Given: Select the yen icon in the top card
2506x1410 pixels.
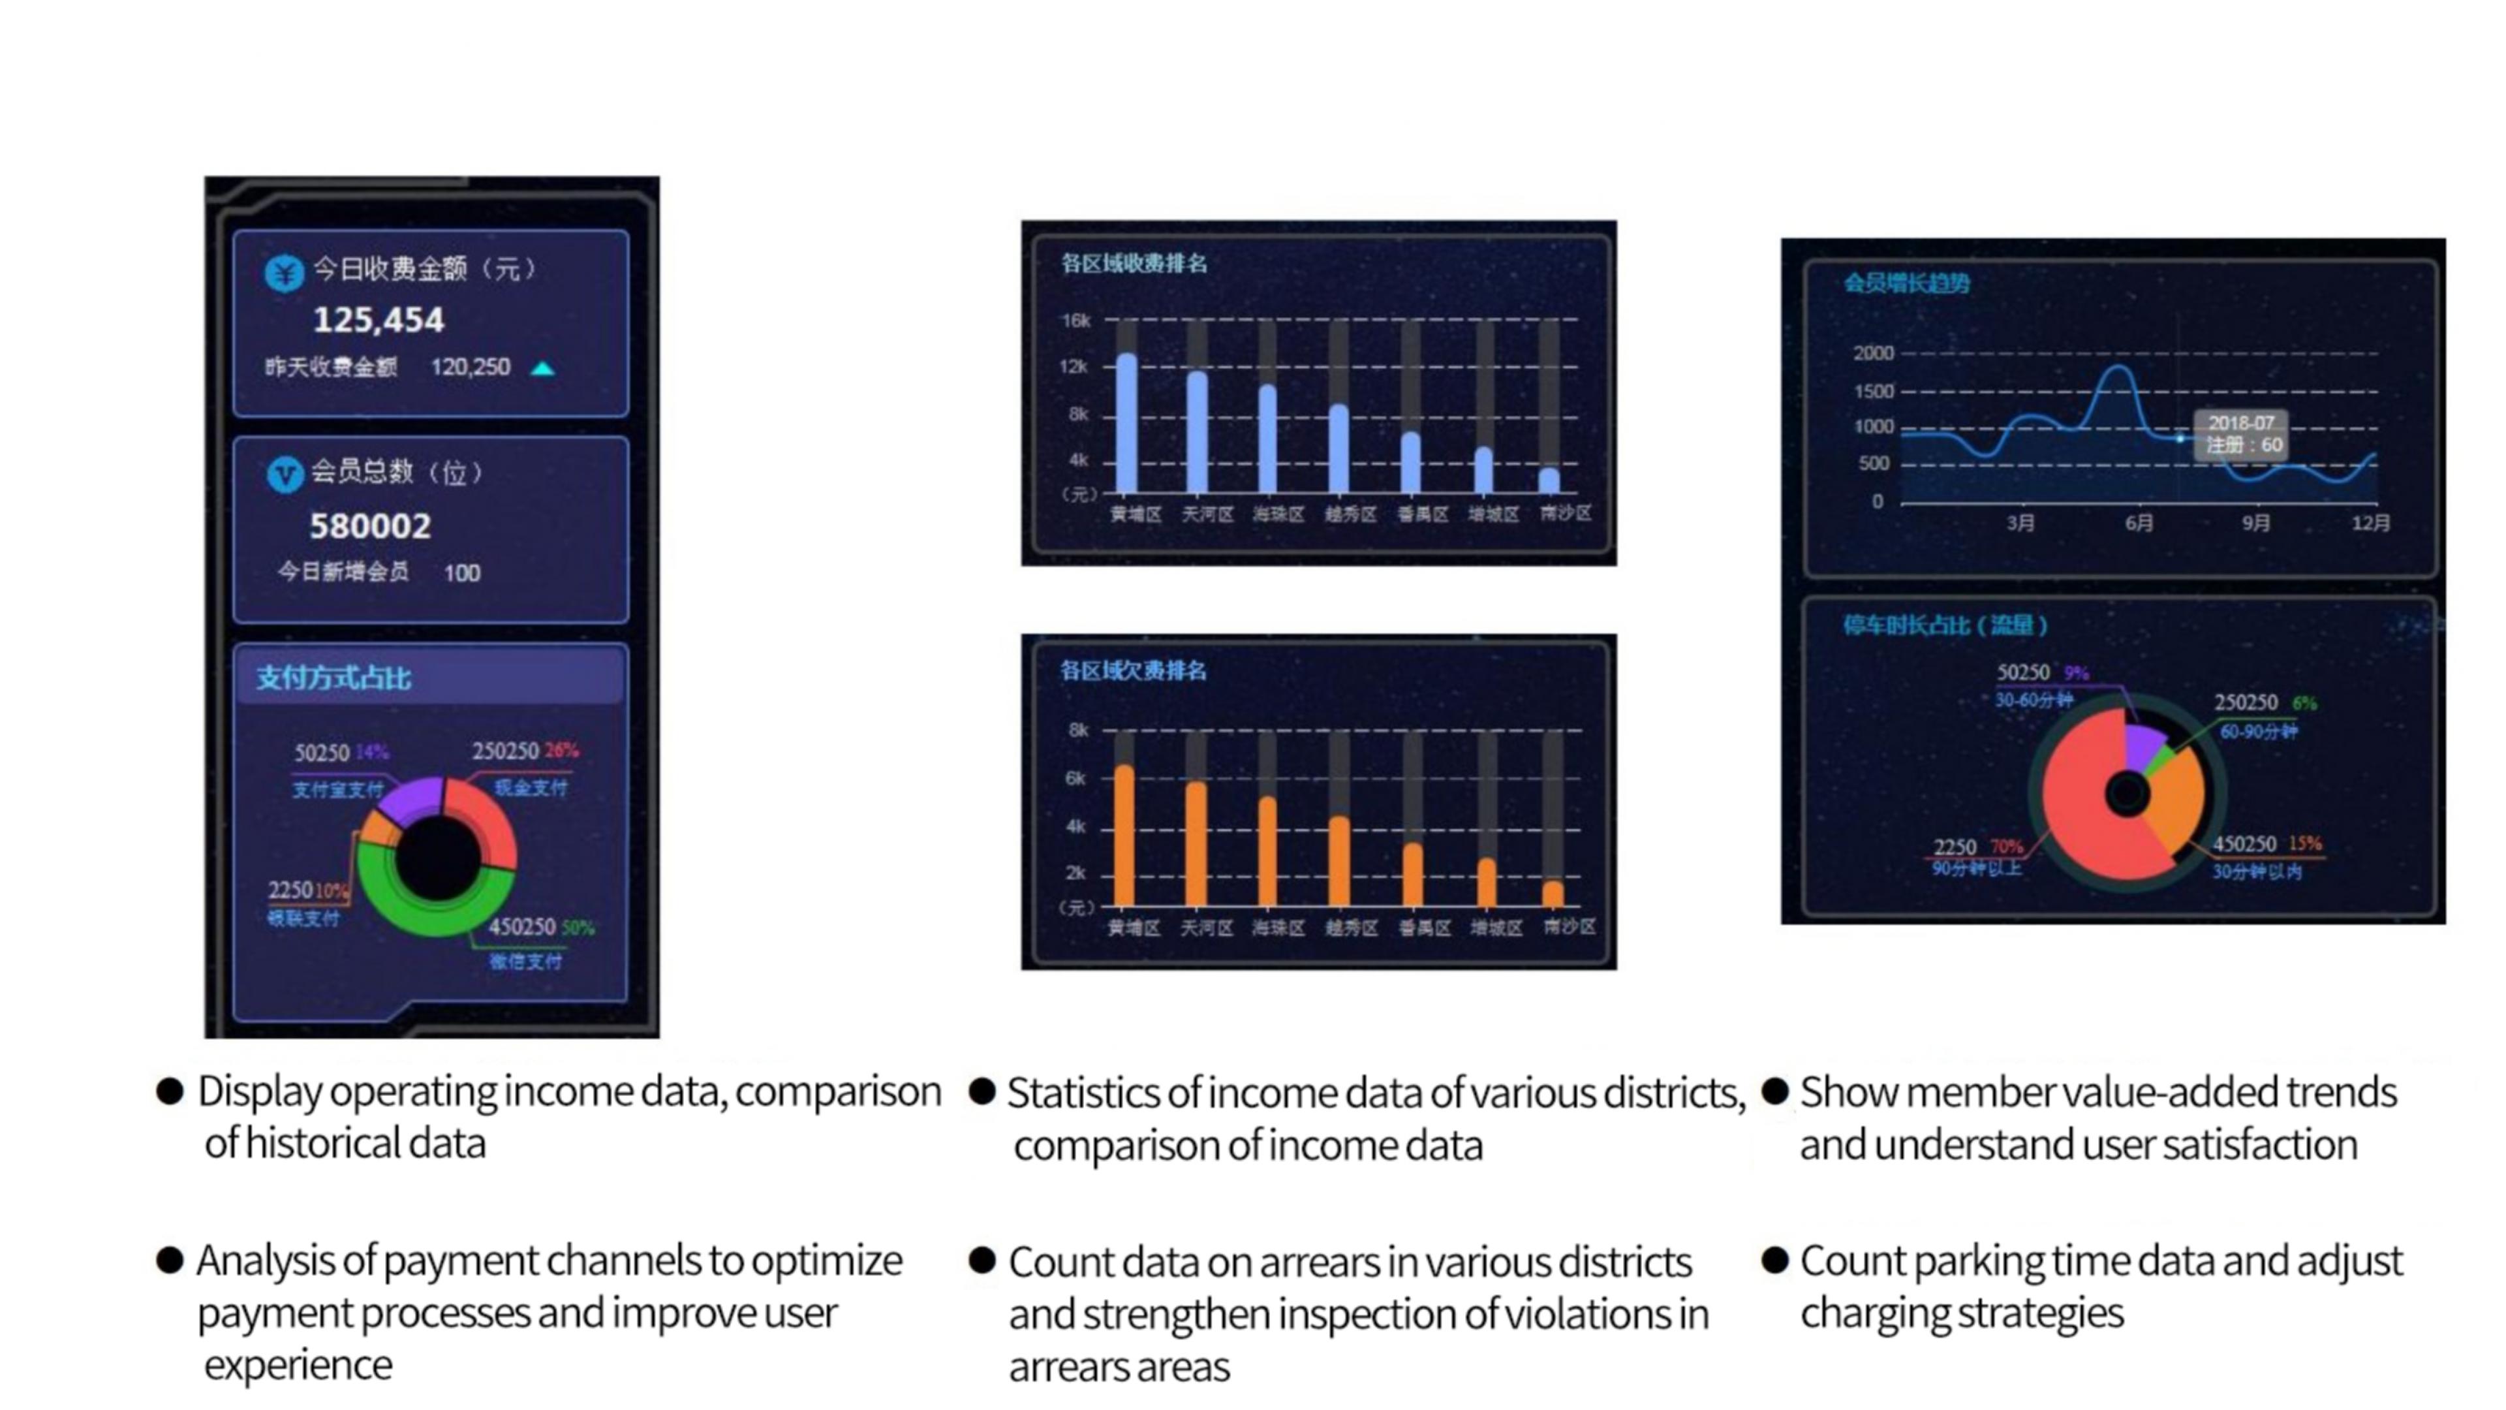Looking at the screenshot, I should pyautogui.click(x=284, y=272).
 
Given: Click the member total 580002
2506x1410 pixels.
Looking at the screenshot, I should pyautogui.click(x=369, y=526).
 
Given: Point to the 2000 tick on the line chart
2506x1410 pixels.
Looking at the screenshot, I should pyautogui.click(x=1873, y=353).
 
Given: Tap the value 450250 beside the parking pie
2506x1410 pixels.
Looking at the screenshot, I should pyautogui.click(x=2244, y=843).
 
